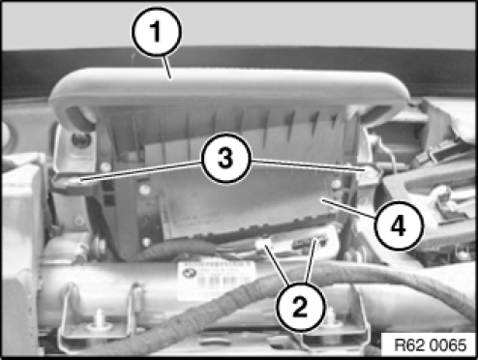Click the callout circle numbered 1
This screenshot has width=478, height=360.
pos(157,32)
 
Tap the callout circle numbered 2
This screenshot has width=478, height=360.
pos(300,307)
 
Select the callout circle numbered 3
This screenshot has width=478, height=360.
pos(225,159)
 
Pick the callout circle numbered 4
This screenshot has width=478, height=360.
pos(399,225)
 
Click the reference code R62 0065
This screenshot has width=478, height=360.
pos(430,345)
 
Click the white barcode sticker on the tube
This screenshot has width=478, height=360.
pos(216,279)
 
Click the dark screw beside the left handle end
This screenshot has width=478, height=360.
pos(79,140)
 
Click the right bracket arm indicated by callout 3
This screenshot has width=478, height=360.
pos(371,172)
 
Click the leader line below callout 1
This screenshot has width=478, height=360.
pos(167,68)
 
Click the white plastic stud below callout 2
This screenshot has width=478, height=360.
pos(332,319)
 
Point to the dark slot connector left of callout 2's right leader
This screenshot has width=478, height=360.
pos(308,243)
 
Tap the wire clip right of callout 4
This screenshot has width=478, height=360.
pos(445,200)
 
